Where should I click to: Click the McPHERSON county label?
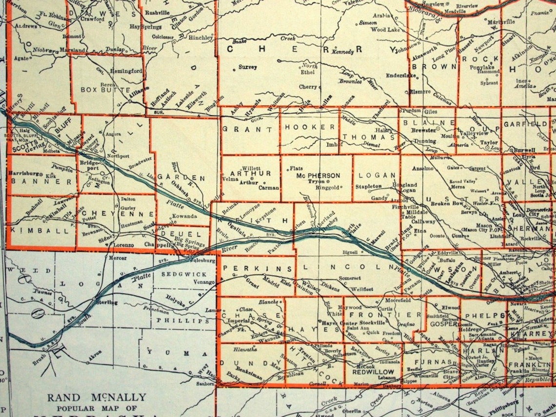coord(317,175)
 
